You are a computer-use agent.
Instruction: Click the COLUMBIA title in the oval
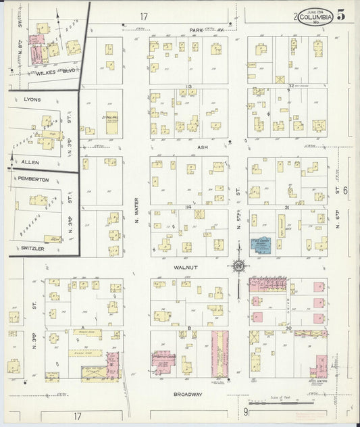(315, 16)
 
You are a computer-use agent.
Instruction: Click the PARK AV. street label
(206, 30)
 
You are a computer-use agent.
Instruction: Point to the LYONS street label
(31, 99)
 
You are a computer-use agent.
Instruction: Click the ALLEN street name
(30, 163)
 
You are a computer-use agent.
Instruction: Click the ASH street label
(202, 146)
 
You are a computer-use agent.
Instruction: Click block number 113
(188, 86)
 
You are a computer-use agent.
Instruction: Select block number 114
(188, 206)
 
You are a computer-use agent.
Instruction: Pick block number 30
(290, 328)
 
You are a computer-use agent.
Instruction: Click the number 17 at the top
(143, 16)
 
